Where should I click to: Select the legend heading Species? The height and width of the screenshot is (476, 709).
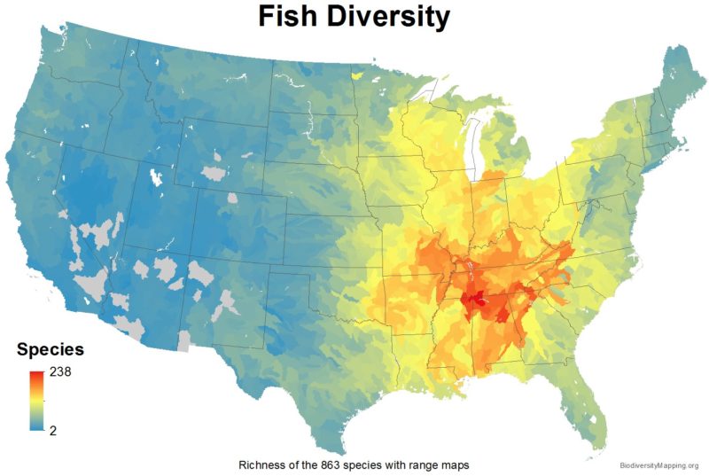51,349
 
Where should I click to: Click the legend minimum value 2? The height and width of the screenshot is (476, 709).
52,430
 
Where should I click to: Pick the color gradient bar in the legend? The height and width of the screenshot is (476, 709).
35,401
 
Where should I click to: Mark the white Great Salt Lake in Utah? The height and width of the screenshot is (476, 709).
157,178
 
